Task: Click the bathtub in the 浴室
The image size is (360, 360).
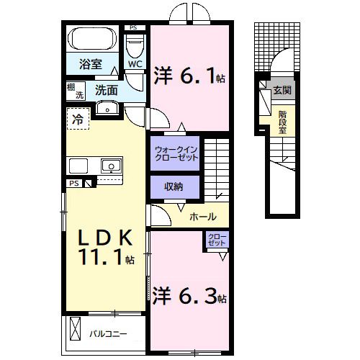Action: (x=92, y=39)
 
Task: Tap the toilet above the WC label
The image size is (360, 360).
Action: (x=135, y=46)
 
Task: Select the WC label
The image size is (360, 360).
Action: (x=135, y=64)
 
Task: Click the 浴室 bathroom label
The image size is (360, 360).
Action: (x=91, y=64)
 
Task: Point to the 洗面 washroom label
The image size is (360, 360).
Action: (x=107, y=90)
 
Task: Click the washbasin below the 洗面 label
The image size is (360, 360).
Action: (x=107, y=108)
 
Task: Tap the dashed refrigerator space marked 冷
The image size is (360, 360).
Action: (x=78, y=119)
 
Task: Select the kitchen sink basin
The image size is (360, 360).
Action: (x=111, y=166)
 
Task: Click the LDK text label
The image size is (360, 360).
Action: (x=105, y=238)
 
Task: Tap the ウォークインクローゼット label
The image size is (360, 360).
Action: (x=176, y=153)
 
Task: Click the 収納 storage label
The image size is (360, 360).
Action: (x=174, y=186)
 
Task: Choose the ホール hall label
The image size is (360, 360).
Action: (x=203, y=217)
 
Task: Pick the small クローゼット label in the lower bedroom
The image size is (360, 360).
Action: (x=217, y=240)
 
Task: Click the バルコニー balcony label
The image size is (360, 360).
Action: (x=108, y=334)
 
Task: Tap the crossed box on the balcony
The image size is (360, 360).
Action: (x=76, y=328)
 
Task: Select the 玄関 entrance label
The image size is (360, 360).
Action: (x=282, y=90)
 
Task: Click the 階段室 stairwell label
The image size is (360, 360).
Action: (x=282, y=122)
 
